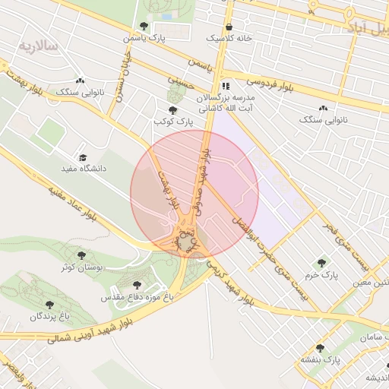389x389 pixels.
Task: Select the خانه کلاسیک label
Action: (x=229, y=37)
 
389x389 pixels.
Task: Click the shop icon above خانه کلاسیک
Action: (x=229, y=26)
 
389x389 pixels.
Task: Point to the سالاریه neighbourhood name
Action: (x=39, y=46)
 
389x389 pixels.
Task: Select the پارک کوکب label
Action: (x=169, y=122)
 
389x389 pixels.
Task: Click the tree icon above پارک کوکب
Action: (x=172, y=110)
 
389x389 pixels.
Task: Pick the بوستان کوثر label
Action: (x=81, y=267)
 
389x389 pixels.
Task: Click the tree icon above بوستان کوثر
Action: (x=82, y=256)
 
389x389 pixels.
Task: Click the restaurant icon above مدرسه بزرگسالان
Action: (x=226, y=87)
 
